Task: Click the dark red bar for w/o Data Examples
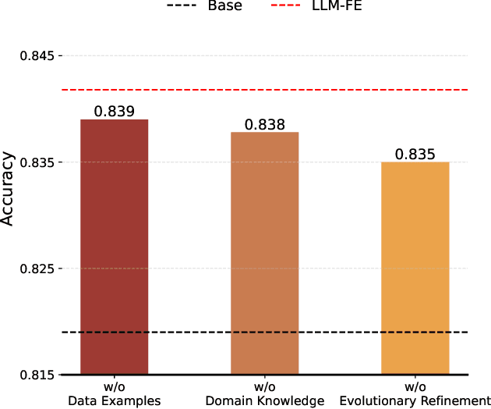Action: (x=114, y=247)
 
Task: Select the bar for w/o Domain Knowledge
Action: (x=264, y=253)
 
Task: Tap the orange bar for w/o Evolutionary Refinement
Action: (x=415, y=268)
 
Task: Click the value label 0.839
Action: (x=115, y=111)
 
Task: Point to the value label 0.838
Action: (x=264, y=124)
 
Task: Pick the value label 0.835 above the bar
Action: (x=415, y=154)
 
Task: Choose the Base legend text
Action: (x=224, y=6)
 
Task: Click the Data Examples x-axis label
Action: (x=115, y=401)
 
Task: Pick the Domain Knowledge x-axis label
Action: (x=264, y=401)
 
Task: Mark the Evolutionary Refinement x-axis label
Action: (x=415, y=401)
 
